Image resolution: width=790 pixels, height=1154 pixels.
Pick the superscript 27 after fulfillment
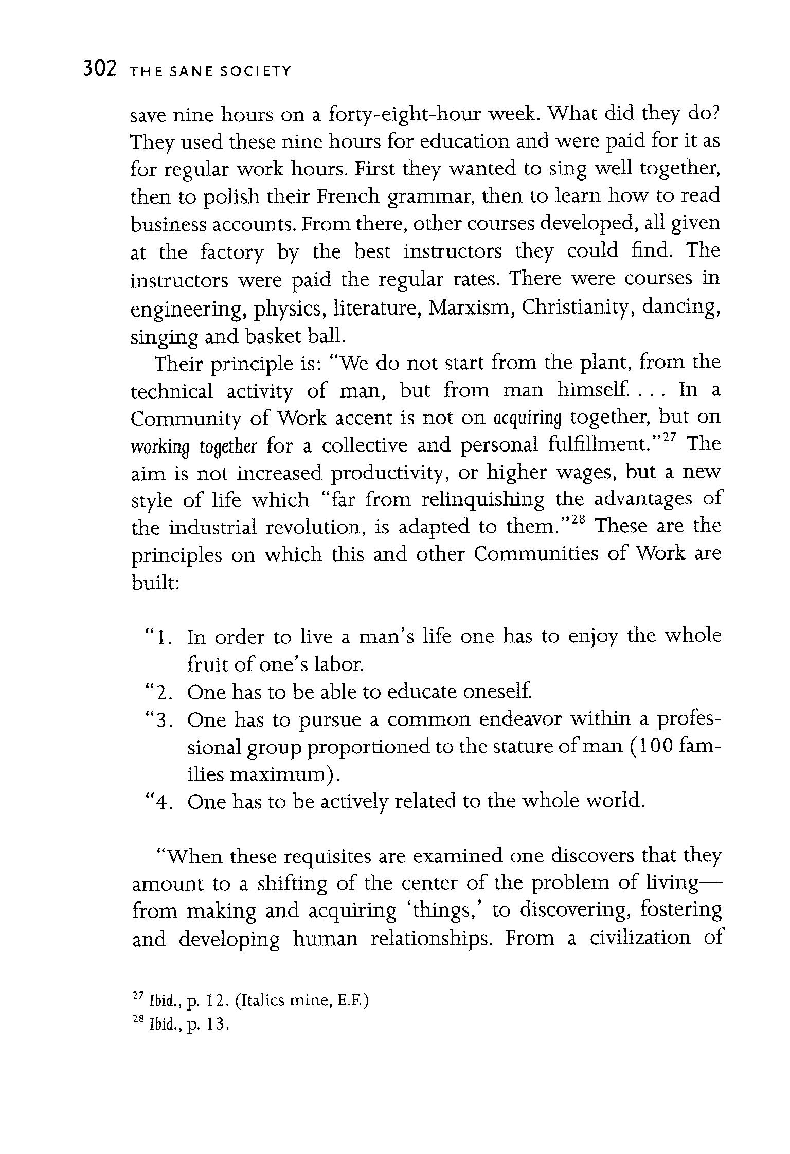(668, 437)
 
